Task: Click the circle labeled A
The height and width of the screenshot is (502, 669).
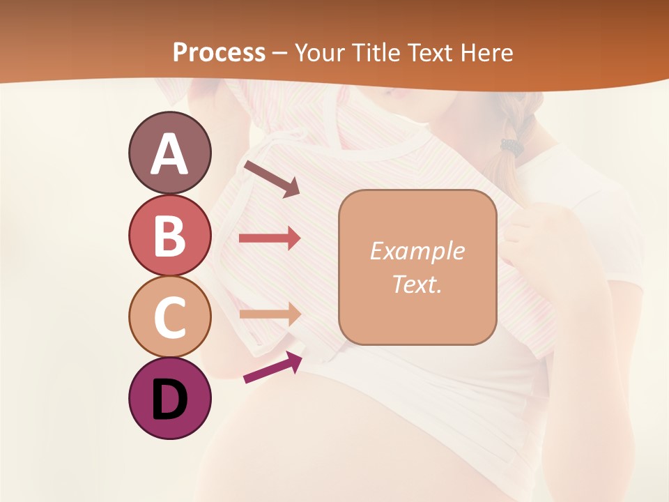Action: click(169, 153)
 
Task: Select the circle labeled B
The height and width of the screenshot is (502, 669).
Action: click(169, 235)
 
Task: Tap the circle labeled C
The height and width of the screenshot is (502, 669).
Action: click(169, 317)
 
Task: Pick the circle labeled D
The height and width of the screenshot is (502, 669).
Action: click(169, 398)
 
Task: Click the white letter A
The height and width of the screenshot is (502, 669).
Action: click(170, 154)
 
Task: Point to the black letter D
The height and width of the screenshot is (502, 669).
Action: click(170, 400)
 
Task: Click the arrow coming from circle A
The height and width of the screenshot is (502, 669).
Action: click(272, 178)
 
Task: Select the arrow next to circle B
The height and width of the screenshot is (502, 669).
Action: click(269, 238)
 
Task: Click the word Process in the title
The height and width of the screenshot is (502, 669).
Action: click(218, 52)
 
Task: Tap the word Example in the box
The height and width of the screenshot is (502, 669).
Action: click(417, 251)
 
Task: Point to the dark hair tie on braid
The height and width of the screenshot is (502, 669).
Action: click(512, 146)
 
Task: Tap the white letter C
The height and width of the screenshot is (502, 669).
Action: click(169, 318)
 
